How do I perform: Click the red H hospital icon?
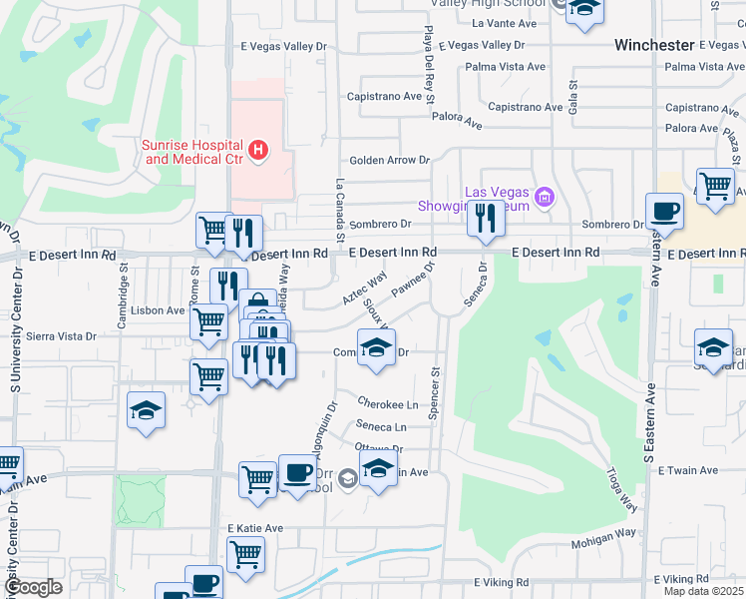pyautogui.click(x=258, y=150)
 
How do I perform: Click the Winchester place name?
pyautogui.click(x=653, y=45)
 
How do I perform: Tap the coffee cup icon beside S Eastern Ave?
pyautogui.click(x=663, y=212)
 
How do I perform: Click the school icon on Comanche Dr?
pyautogui.click(x=375, y=348)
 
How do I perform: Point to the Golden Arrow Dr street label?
pyautogui.click(x=389, y=160)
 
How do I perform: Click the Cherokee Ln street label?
pyautogui.click(x=388, y=404)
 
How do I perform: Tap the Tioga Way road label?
pyautogui.click(x=621, y=491)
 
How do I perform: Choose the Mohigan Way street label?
pyautogui.click(x=603, y=532)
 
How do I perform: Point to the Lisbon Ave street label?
pyautogui.click(x=162, y=310)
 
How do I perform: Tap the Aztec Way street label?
pyautogui.click(x=364, y=289)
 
